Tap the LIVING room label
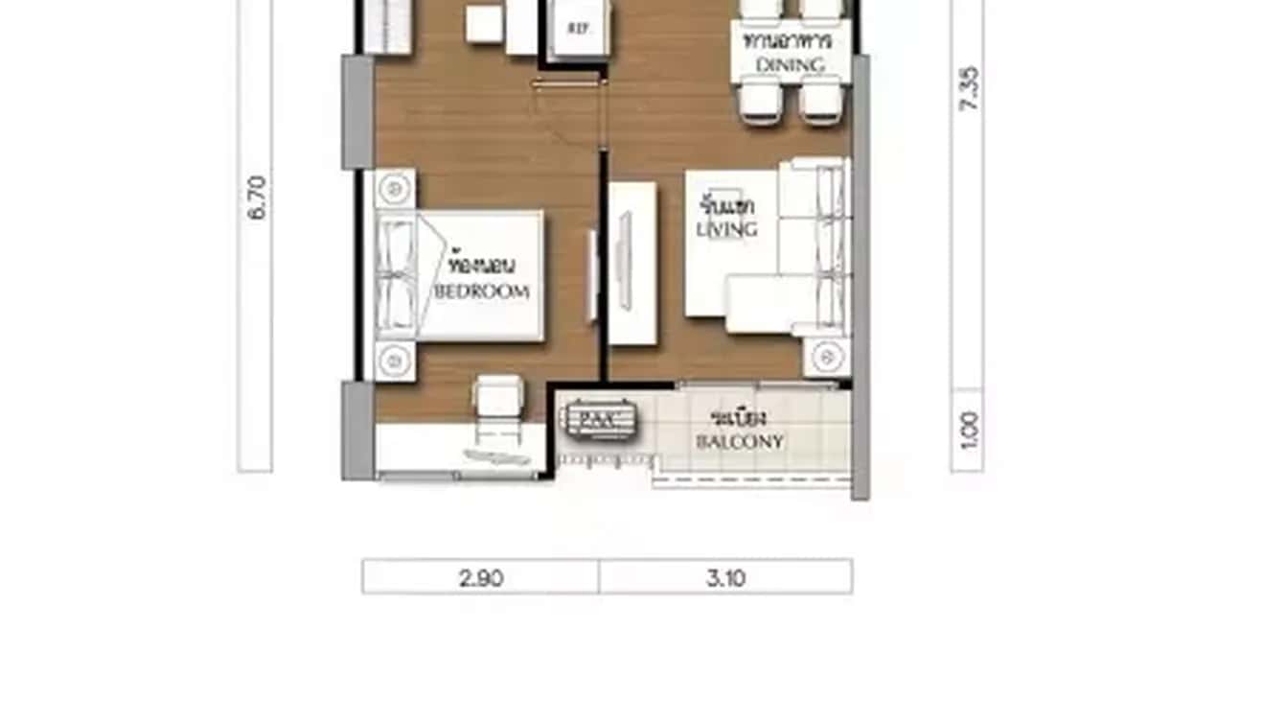727,229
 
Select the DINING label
791,64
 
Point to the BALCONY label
739,442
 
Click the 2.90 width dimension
481,577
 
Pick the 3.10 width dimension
725,577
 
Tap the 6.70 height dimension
256,198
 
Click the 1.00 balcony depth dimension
968,431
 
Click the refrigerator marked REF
578,28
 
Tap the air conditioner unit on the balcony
597,419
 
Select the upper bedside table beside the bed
394,189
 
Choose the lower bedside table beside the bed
394,361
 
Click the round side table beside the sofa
826,357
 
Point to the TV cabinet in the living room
633,263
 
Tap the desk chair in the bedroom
499,397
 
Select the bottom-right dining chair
820,101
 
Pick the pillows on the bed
397,275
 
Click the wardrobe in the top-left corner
387,26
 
